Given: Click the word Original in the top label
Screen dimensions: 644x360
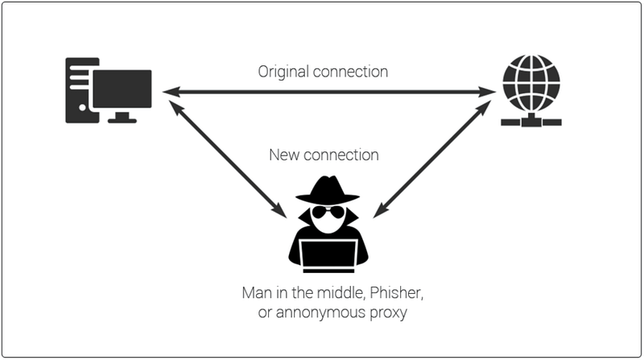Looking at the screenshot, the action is tap(283, 72).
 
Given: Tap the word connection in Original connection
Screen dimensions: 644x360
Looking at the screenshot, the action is tap(350, 72).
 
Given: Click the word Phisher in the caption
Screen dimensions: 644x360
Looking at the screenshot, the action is tap(396, 293).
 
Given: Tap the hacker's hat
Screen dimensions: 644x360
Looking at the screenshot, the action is tap(328, 190).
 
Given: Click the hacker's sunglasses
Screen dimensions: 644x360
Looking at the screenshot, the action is tap(328, 213).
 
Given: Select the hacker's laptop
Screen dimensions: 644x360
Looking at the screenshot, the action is tap(328, 255).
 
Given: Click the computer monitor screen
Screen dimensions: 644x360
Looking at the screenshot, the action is tap(122, 89).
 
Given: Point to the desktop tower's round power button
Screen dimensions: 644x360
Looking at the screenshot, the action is tap(82, 108).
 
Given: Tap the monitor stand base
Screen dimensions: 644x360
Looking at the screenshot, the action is tap(122, 121).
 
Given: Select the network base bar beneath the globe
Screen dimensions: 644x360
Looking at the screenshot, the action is tap(531, 122).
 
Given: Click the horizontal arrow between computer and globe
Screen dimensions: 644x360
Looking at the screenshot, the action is tap(329, 92).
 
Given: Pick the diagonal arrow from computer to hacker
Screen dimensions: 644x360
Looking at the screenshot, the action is tap(228, 159).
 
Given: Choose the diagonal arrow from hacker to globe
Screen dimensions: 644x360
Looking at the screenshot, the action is tap(432, 159).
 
